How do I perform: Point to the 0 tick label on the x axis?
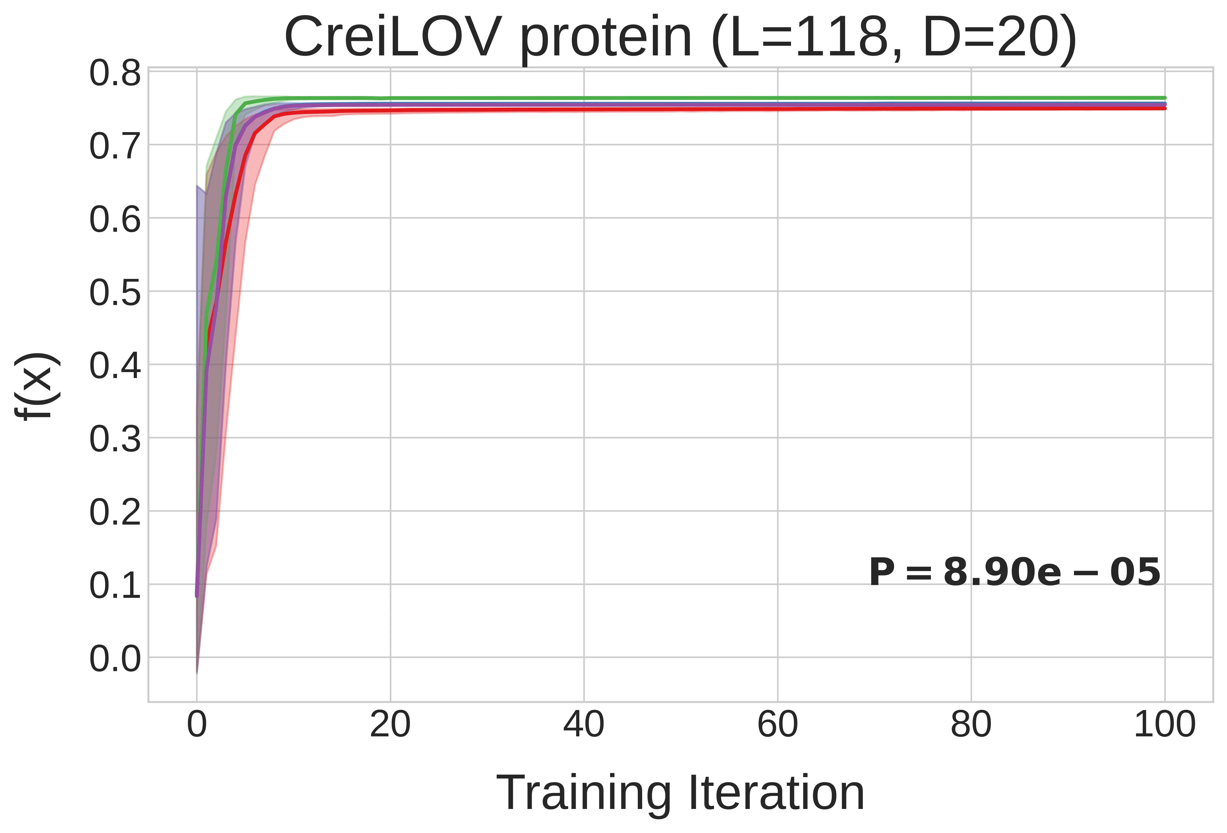tap(197, 725)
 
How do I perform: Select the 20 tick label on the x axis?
tap(390, 725)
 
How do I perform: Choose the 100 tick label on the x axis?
tap(1164, 725)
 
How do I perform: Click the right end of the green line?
tap(1164, 98)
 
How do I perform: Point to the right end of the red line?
tap(1164, 108)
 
